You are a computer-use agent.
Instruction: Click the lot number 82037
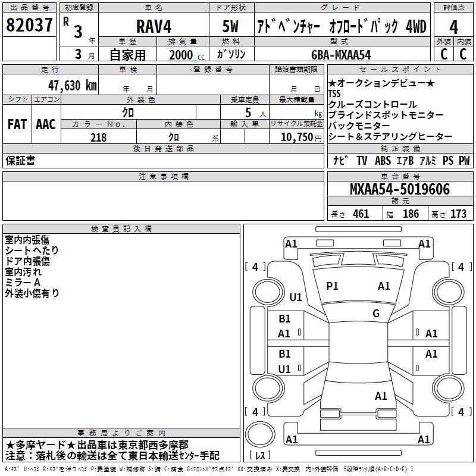[29, 25]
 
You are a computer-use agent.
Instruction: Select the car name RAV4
[154, 26]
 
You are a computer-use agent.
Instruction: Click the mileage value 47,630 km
[72, 86]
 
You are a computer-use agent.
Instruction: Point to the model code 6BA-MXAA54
[341, 55]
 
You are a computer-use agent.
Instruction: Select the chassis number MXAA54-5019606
[400, 189]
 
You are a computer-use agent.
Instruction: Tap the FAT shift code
[17, 124]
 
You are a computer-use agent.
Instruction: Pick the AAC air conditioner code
[46, 124]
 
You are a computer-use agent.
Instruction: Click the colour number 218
[98, 137]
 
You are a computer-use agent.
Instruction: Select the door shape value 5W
[230, 26]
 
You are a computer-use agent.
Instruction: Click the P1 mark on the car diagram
[332, 286]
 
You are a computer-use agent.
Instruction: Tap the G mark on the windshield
[376, 314]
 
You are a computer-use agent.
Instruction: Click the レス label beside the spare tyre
[260, 455]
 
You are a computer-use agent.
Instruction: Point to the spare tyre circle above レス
[260, 435]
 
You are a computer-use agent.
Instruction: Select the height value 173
[458, 214]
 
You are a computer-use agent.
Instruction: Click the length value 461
[361, 214]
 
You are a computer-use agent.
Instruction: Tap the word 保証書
[20, 161]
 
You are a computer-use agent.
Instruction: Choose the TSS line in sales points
[334, 93]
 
